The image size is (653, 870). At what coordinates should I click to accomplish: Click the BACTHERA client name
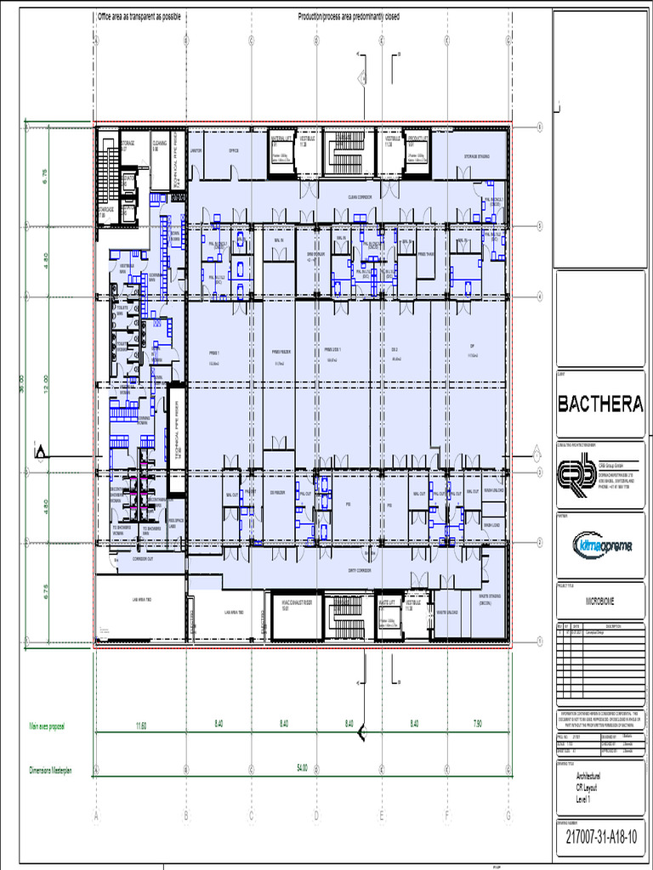tap(600, 404)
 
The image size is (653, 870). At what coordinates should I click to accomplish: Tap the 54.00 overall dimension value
tap(302, 768)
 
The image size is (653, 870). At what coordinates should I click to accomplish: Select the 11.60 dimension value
tap(141, 724)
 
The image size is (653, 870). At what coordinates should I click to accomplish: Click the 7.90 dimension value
tap(477, 724)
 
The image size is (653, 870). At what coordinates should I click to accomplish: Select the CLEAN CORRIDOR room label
tap(361, 197)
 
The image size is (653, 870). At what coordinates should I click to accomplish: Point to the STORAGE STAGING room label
tap(476, 156)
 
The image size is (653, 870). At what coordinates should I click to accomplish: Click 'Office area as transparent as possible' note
tap(139, 17)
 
